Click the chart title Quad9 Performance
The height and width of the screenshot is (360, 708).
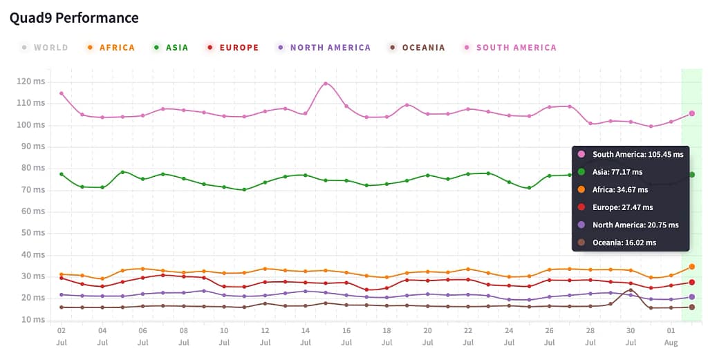coord(74,18)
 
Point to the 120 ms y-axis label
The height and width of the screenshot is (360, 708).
coord(31,82)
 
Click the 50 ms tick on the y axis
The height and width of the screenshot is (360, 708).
coord(33,233)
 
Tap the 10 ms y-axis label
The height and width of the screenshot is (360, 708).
coord(33,320)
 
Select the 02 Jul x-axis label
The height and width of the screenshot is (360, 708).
coord(62,337)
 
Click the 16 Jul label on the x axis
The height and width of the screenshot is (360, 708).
coord(346,337)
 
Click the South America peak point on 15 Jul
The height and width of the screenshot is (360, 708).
coord(326,84)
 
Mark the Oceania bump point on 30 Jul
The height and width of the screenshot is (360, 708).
coord(631,291)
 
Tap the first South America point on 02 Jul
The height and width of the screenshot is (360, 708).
coord(62,93)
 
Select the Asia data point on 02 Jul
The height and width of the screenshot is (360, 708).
coord(62,174)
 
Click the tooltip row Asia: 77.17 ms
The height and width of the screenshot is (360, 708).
coord(617,171)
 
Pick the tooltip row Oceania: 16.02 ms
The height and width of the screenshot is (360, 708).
coord(624,243)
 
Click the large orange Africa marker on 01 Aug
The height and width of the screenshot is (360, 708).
coord(691,267)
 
